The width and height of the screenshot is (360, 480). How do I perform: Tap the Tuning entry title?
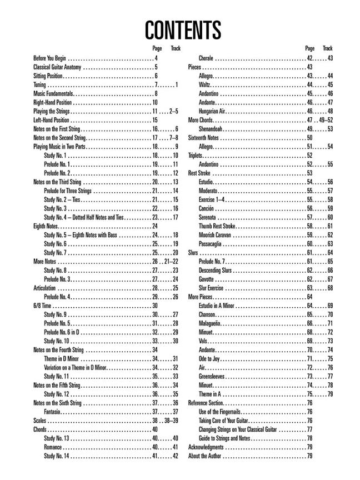[x=39, y=84]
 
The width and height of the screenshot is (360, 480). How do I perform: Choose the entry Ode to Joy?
[x=211, y=358]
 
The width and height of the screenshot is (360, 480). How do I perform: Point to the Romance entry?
[x=53, y=447]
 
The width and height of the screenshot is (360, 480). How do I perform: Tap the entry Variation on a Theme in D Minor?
[x=75, y=367]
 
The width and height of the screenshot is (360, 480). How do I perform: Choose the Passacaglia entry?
[x=212, y=244]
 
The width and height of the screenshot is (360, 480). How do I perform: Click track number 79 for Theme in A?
[x=329, y=394]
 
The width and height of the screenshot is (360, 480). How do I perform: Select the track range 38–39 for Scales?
[x=171, y=421]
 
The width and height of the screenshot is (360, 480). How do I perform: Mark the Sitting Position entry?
[x=48, y=76]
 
